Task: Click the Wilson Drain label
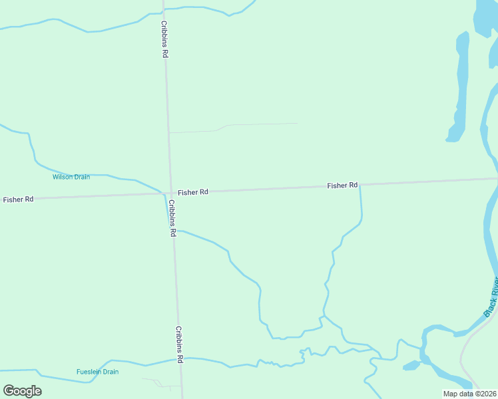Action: [71, 177]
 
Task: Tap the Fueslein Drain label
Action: [97, 372]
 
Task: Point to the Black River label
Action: [491, 297]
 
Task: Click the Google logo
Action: [23, 391]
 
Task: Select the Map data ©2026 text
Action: [469, 394]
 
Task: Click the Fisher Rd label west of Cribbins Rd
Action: [18, 199]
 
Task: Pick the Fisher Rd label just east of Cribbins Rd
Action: [193, 192]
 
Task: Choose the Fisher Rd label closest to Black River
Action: [342, 186]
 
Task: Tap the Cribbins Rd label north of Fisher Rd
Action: [164, 39]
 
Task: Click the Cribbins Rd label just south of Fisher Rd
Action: [172, 218]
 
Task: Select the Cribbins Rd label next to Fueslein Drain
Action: [179, 344]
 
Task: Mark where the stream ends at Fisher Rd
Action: [360, 187]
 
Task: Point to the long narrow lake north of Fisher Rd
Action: [459, 86]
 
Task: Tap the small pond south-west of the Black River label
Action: [411, 365]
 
